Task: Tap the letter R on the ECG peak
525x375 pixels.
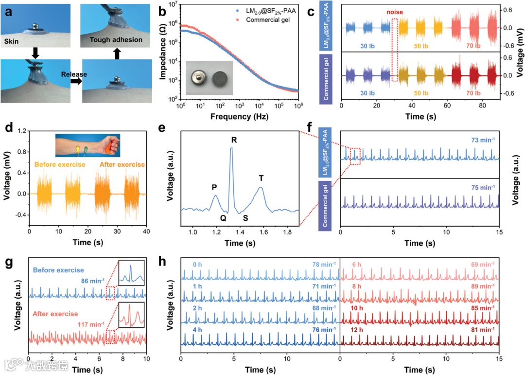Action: [x=234, y=140]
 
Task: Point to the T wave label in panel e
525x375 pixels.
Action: [x=261, y=178]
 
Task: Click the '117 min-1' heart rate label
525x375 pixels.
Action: [x=93, y=324]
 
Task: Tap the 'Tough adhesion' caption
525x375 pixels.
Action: [x=117, y=40]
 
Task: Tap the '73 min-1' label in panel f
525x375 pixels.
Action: [x=483, y=140]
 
